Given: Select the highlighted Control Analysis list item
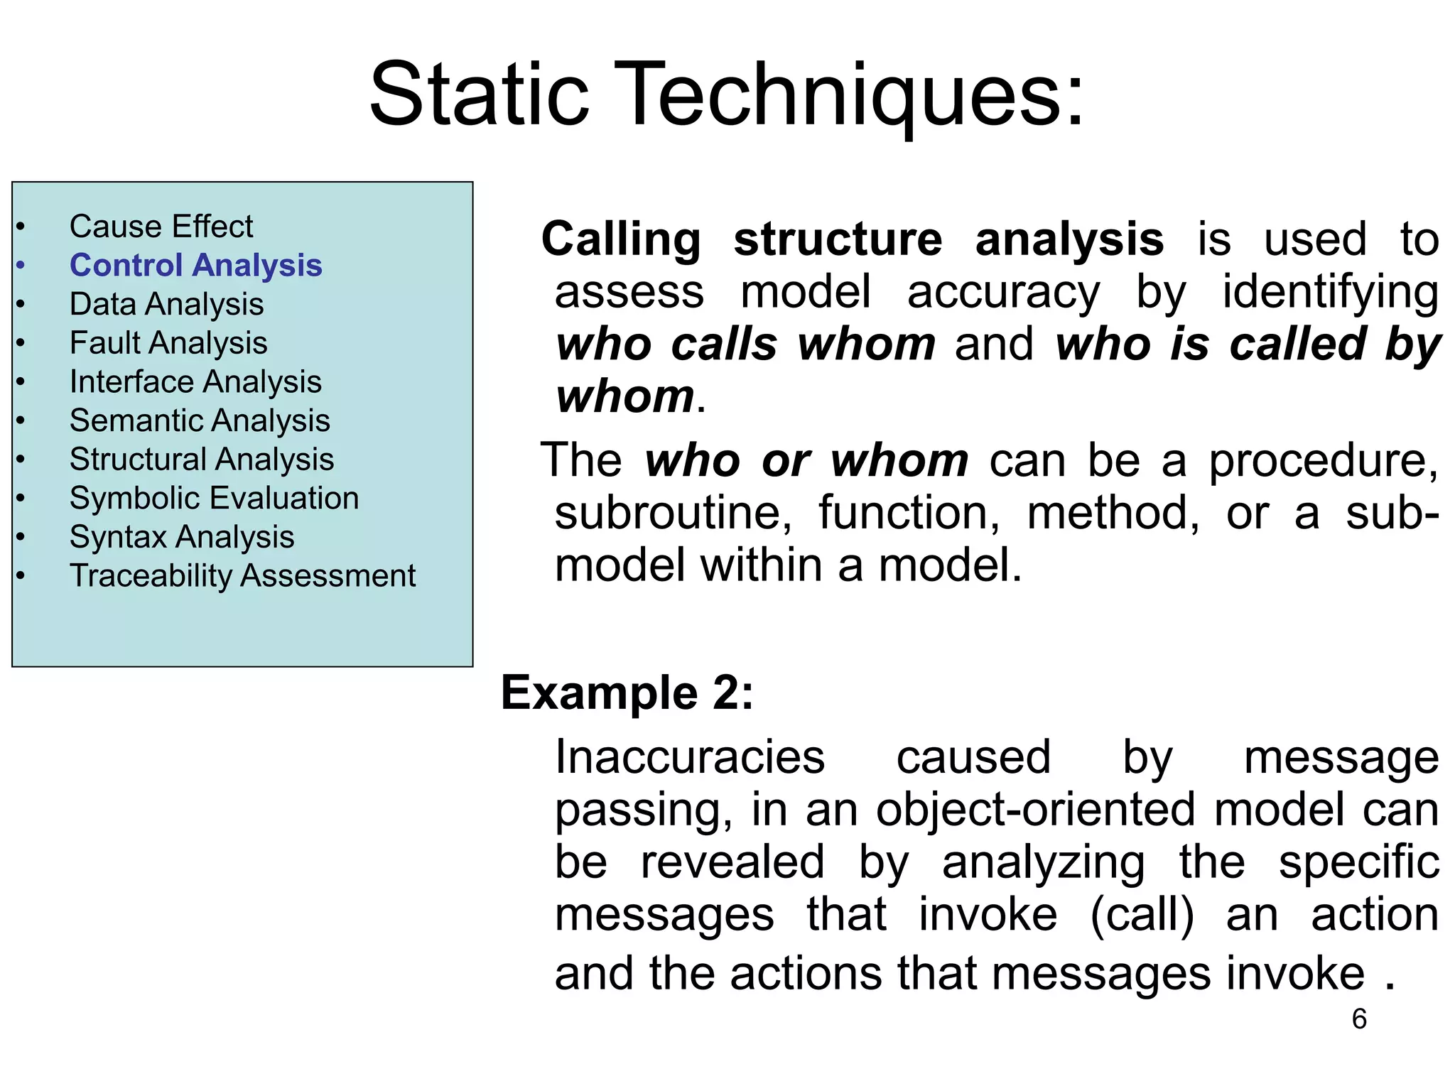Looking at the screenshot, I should [x=195, y=266].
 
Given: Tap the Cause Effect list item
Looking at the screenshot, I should [x=161, y=227].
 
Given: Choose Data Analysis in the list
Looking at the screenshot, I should [x=166, y=305].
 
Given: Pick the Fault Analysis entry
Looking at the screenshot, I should [x=168, y=343].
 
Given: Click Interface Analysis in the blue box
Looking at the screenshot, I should [x=195, y=382].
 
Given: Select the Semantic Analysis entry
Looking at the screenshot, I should [x=200, y=420].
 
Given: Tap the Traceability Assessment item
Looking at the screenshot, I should [x=242, y=576].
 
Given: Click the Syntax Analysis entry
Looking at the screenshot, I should [x=182, y=537].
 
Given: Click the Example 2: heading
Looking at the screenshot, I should [x=627, y=693].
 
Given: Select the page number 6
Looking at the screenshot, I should [x=1358, y=1019].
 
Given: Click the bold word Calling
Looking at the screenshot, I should [x=621, y=240].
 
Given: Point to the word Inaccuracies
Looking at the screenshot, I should [x=689, y=757].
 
